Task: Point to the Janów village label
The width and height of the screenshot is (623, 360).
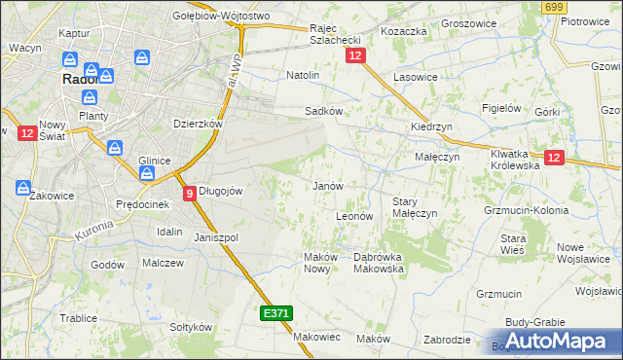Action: point(326,186)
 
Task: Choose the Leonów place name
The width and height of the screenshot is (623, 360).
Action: point(354,216)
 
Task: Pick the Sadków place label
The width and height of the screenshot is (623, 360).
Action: point(324,111)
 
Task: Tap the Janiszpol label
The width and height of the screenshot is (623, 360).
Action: point(216,237)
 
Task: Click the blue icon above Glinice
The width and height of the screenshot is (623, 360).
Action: point(114,149)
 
